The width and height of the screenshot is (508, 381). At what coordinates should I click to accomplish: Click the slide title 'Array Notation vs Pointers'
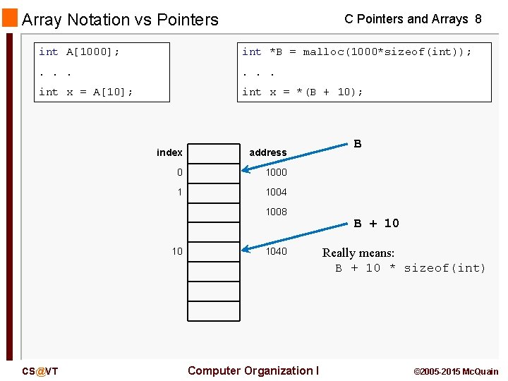click(121, 20)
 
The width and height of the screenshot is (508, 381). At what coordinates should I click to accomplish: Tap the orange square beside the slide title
click(9, 18)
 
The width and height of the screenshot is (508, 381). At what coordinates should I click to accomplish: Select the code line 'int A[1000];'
click(79, 52)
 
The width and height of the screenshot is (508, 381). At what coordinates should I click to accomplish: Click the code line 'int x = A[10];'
click(85, 92)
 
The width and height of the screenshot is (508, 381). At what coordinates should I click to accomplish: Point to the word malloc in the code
click(322, 52)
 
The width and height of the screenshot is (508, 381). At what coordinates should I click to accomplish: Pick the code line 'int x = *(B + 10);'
click(302, 92)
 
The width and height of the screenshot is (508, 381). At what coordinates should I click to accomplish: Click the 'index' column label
click(169, 152)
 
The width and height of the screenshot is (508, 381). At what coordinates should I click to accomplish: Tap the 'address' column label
click(267, 152)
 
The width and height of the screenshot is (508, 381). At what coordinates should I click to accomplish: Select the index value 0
click(180, 172)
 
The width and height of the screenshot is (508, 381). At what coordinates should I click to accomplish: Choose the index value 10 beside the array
click(177, 251)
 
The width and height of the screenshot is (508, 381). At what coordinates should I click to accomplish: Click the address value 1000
click(276, 172)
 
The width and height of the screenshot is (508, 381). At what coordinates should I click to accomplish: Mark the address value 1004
click(276, 192)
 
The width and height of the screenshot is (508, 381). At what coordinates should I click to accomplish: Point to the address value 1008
click(276, 212)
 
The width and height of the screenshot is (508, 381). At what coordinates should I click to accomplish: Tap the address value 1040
click(276, 251)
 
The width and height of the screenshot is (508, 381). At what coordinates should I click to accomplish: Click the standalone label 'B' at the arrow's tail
click(358, 144)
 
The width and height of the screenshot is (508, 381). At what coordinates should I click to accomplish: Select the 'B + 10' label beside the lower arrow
click(376, 223)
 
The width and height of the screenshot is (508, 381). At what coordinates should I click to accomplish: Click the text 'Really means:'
click(358, 253)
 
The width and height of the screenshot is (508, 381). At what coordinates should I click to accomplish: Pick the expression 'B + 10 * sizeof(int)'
click(411, 268)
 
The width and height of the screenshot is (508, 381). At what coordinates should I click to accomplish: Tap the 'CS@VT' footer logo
click(40, 371)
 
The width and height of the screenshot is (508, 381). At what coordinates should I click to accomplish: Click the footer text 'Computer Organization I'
click(253, 370)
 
